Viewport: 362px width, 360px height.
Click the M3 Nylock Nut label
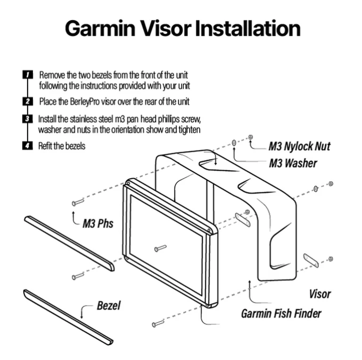coord(299,146)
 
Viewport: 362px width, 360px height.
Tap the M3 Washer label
coord(292,163)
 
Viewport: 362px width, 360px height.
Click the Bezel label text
coord(109,305)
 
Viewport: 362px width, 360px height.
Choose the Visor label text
coord(319,294)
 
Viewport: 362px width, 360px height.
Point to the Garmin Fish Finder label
coord(281,313)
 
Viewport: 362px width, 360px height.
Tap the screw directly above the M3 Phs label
coord(78,202)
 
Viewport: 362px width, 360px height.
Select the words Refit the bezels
coord(62,145)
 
